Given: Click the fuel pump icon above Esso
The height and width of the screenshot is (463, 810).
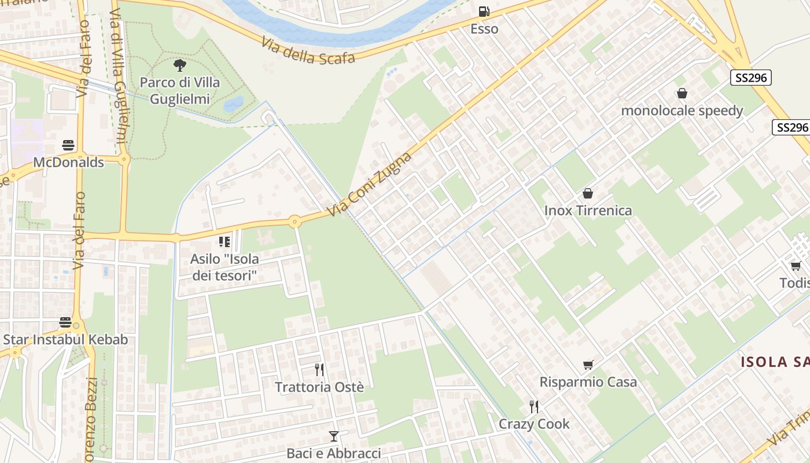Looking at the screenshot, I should (x=484, y=12).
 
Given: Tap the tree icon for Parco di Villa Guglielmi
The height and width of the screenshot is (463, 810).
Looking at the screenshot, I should (x=180, y=65).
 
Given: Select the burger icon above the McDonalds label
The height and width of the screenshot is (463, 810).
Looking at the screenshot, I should (x=68, y=145).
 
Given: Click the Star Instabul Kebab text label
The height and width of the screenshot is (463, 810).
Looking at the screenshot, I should (x=65, y=340).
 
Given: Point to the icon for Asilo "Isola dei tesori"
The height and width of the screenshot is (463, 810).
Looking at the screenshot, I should (x=224, y=242).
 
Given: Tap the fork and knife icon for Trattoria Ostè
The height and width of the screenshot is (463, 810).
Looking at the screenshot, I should (x=319, y=370).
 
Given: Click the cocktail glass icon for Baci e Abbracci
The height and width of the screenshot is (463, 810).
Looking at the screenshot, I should (x=333, y=436).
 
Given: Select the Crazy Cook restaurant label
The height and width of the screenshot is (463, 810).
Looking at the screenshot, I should (x=534, y=424).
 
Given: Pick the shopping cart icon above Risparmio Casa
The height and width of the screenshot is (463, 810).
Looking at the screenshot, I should (x=588, y=365).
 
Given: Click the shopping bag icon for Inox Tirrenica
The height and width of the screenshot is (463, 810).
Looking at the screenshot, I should (x=588, y=193).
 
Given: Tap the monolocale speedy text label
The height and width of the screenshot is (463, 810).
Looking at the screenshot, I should (x=682, y=111).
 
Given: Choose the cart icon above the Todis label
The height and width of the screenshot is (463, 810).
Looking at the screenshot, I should (x=796, y=266).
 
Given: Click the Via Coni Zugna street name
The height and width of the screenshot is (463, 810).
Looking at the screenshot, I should (x=370, y=185).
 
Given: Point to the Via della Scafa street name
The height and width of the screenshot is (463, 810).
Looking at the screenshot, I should (x=307, y=52).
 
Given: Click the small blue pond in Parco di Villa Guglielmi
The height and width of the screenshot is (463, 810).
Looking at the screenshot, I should (x=233, y=104).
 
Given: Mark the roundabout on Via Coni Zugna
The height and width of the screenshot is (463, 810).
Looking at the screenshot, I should (x=294, y=222).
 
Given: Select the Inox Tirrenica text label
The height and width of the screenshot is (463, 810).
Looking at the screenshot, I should (x=588, y=211).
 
